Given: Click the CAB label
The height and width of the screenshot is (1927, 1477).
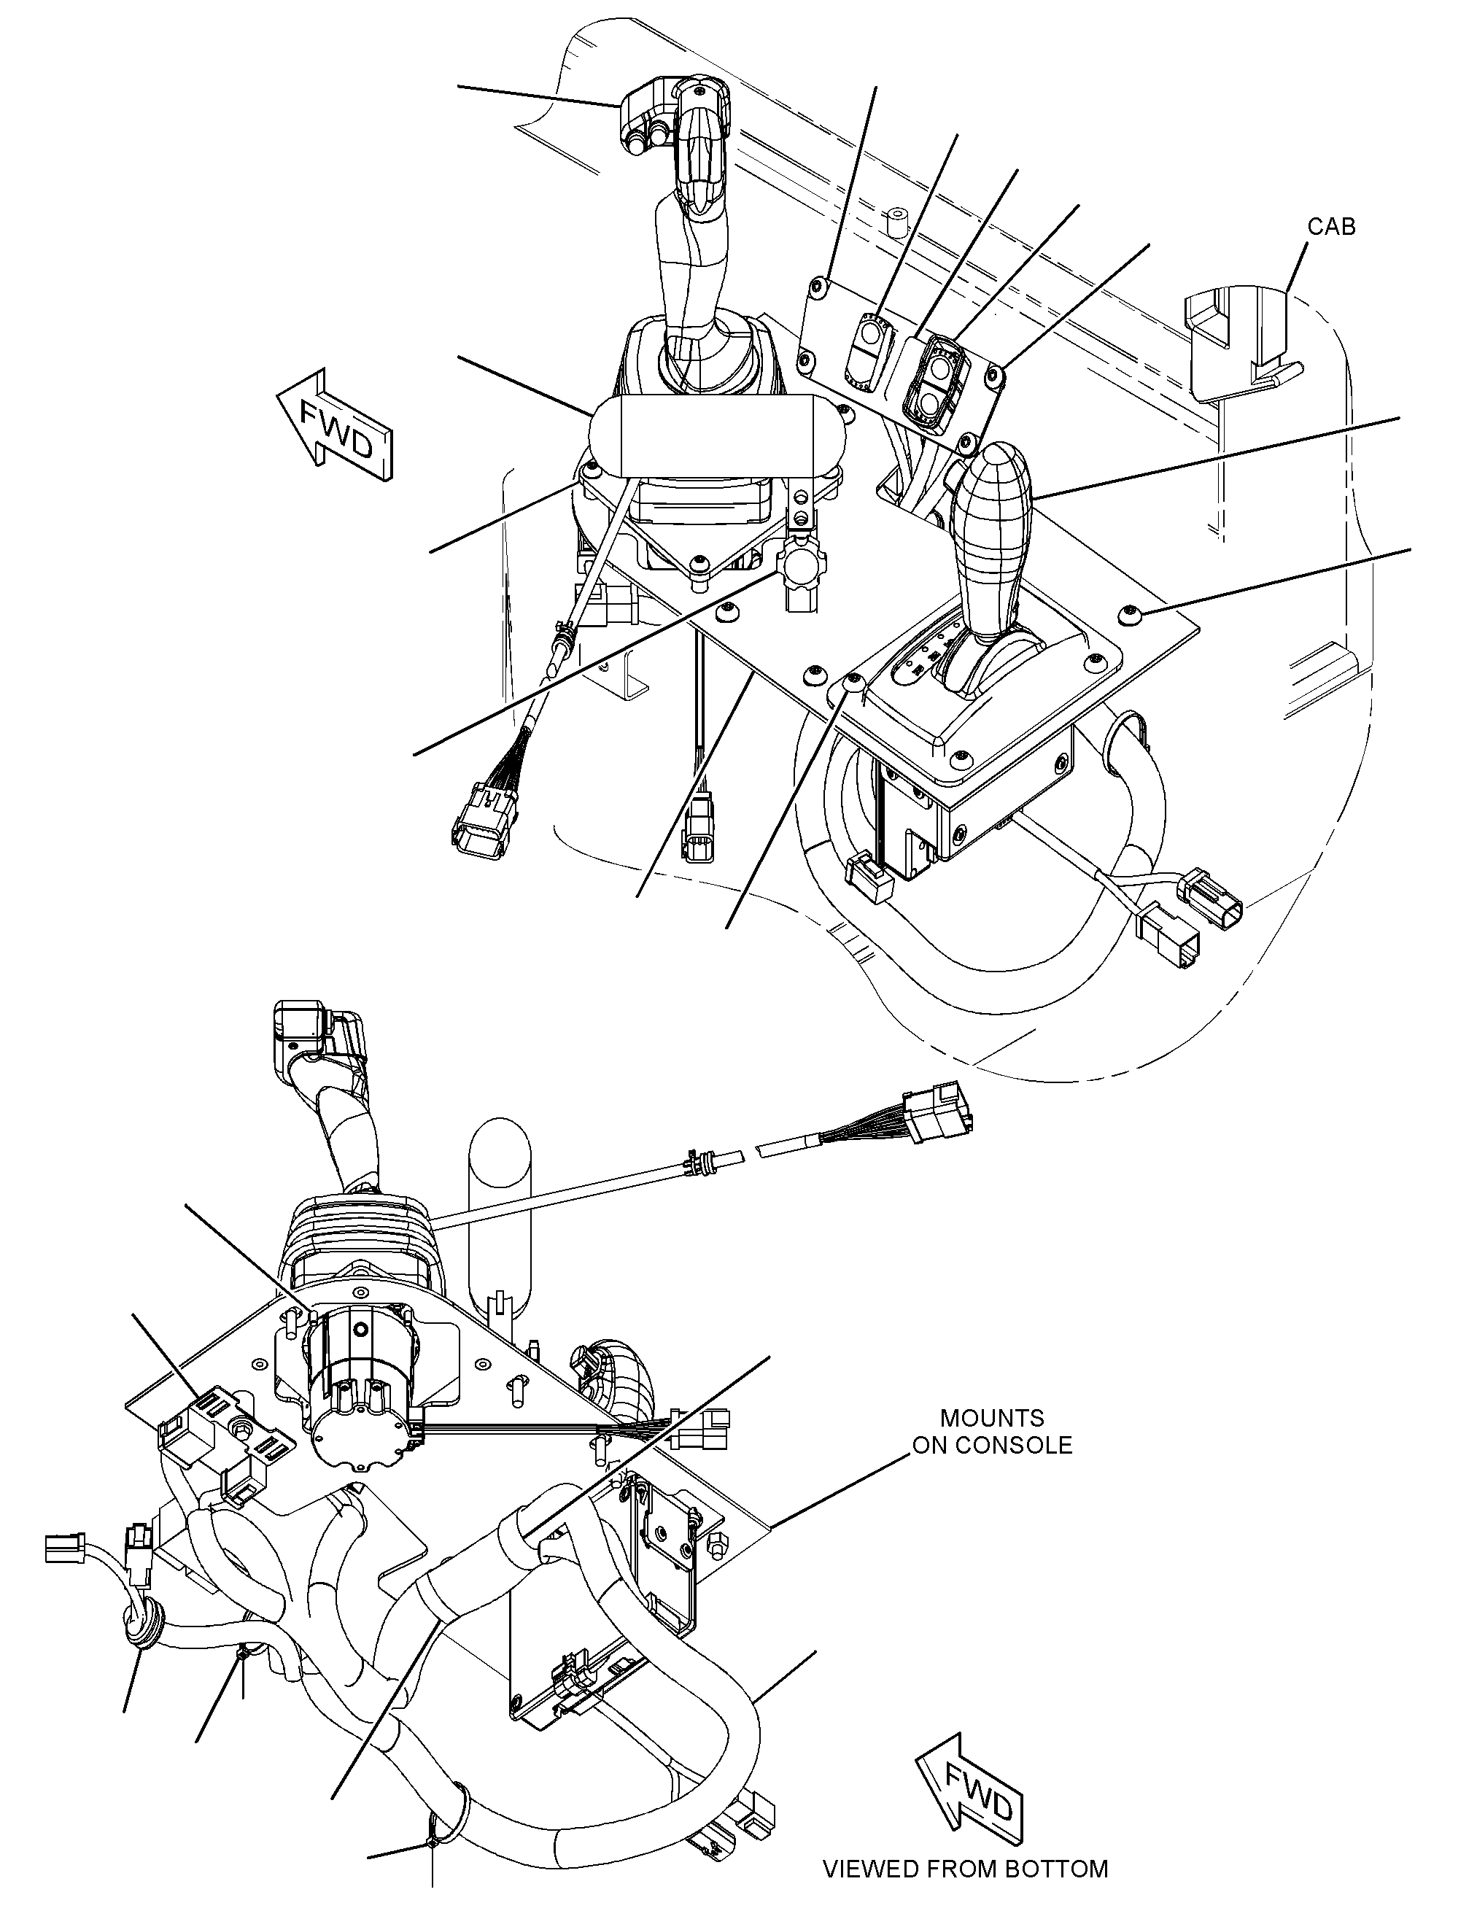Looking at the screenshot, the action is pos(1331,226).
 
